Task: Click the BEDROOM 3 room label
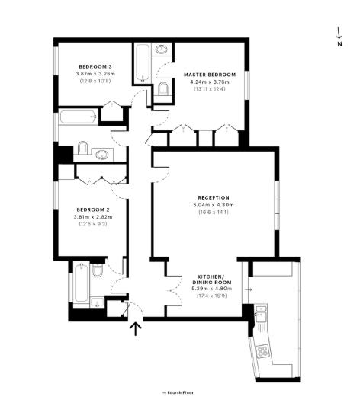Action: click(x=94, y=65)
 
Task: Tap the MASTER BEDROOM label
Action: click(x=209, y=75)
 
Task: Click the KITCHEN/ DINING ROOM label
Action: click(x=209, y=278)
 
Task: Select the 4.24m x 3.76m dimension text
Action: click(x=209, y=82)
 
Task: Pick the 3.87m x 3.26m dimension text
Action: click(x=94, y=72)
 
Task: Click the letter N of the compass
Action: click(x=340, y=44)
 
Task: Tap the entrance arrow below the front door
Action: click(x=136, y=328)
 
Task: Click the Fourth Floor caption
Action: click(x=178, y=392)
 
